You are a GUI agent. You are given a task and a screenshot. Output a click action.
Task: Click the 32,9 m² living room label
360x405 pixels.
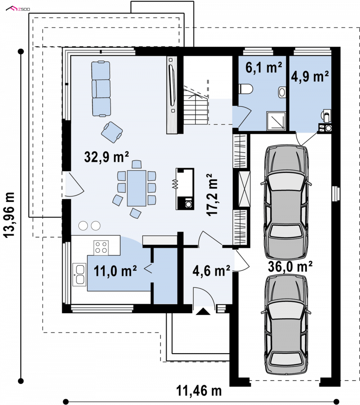[106, 156]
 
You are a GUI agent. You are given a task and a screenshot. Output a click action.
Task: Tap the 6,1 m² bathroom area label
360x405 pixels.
[264, 68]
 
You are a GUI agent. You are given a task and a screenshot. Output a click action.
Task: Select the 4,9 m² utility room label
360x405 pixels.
[310, 77]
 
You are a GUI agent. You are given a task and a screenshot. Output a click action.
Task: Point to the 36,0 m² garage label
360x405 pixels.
[290, 266]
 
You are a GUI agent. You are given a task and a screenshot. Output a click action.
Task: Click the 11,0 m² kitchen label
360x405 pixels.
[115, 271]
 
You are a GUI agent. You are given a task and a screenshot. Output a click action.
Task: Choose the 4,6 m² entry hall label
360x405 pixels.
[211, 271]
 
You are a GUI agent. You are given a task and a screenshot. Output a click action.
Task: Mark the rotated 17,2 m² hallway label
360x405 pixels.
[212, 195]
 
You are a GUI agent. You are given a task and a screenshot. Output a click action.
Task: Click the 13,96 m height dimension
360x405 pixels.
[9, 214]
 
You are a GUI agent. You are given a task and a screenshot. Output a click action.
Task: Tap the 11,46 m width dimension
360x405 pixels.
[199, 391]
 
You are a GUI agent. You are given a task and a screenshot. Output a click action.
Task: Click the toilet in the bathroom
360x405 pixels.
[246, 89]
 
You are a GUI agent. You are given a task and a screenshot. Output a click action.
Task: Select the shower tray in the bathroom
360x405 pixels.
[276, 121]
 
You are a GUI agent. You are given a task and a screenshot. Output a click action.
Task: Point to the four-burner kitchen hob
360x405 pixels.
[101, 247]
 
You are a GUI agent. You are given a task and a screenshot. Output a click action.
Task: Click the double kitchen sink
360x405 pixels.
[79, 274]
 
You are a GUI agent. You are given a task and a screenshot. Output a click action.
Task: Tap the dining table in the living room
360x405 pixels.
[136, 188]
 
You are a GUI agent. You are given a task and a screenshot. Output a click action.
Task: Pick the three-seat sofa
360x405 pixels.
[101, 89]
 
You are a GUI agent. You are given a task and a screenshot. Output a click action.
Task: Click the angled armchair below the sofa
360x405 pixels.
[112, 132]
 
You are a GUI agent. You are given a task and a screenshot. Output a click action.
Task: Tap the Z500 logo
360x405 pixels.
[18, 9]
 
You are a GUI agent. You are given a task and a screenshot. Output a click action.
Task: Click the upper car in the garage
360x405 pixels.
[286, 203]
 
